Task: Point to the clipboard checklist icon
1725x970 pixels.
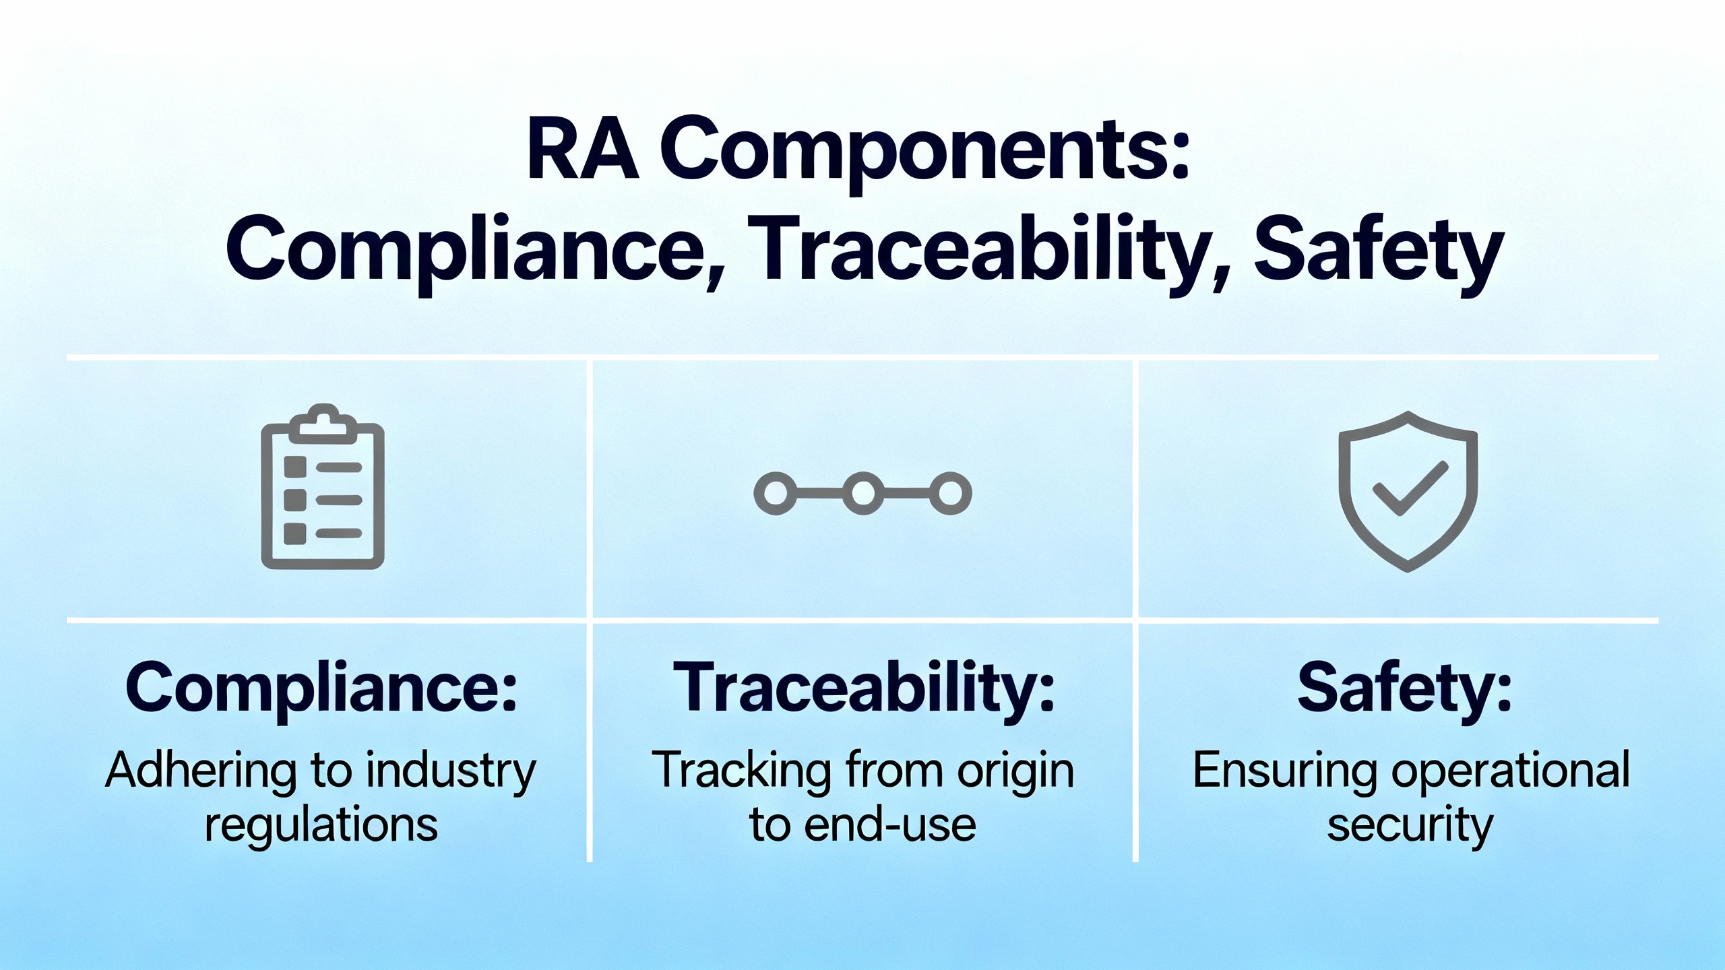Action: pos(323,486)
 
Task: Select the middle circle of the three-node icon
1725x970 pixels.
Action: pos(863,494)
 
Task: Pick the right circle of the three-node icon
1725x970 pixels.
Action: pos(951,494)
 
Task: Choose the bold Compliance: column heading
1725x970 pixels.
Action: pos(321,689)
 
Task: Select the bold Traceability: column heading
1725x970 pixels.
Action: pos(864,689)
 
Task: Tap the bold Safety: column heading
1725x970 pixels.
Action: pos(1406,688)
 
